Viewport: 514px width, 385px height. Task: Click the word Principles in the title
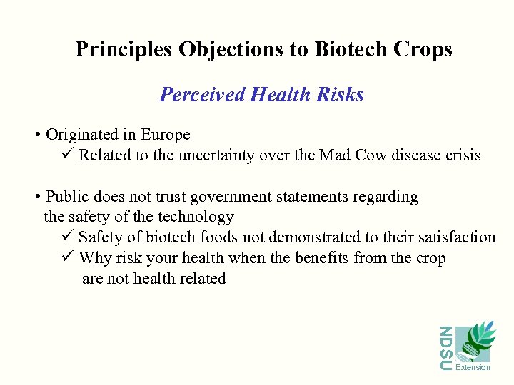[x=124, y=49]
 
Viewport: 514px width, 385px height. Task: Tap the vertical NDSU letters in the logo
[x=445, y=347]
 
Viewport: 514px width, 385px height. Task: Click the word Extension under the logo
[x=473, y=367]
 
